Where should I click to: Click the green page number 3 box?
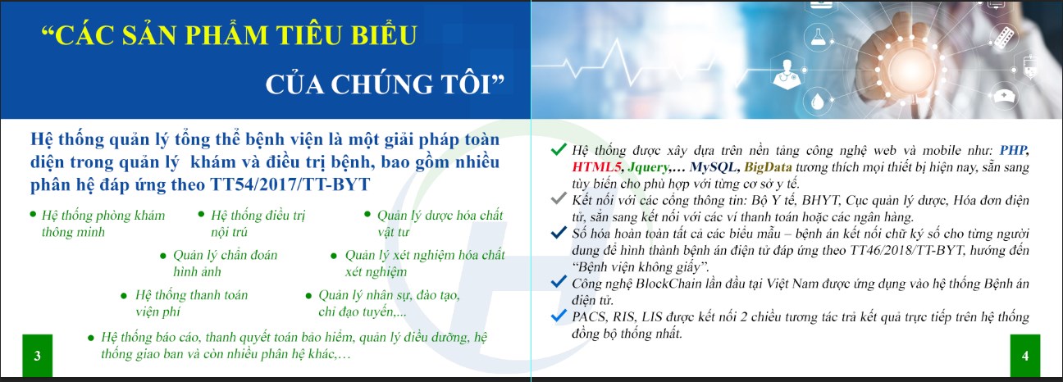point(38,356)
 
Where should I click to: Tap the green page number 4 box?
point(1025,356)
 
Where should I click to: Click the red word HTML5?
point(596,167)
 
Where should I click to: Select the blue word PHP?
point(1013,151)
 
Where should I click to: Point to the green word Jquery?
point(648,168)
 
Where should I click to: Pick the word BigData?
point(768,167)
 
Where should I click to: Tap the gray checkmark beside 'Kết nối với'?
point(559,198)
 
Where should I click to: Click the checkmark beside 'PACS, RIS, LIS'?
point(559,315)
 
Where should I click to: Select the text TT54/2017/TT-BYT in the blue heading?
point(290,184)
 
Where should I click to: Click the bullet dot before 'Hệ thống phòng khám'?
point(33,215)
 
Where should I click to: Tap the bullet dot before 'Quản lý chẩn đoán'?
point(163,257)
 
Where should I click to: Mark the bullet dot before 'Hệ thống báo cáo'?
point(91,339)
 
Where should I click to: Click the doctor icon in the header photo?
point(787,74)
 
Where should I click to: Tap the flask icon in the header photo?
point(818,37)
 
